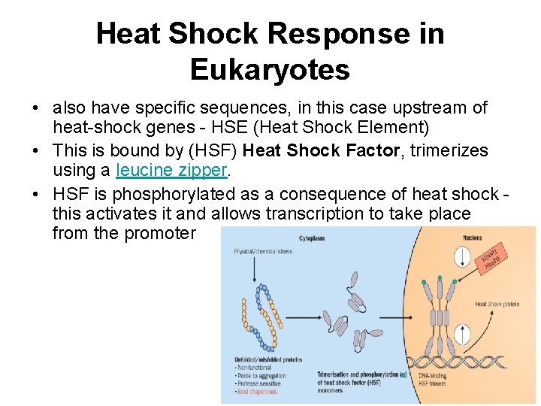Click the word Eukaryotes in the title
[270, 69]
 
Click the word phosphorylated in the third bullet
[172, 193]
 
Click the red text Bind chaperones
[256, 391]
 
